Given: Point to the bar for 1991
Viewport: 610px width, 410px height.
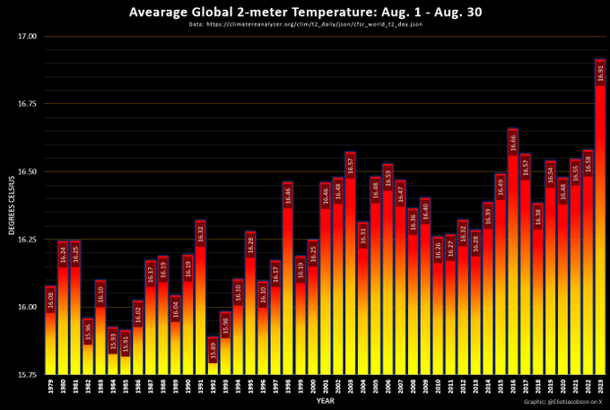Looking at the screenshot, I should pos(200,295).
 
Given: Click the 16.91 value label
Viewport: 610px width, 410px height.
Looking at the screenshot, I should pos(600,74).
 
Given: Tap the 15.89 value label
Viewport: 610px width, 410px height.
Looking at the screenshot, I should pos(213,351).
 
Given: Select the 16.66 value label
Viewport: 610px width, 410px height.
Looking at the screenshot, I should pos(512,142).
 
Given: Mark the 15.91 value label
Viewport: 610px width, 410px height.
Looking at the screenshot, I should pos(126,343).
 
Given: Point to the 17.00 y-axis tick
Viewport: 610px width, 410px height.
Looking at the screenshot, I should pos(28,37).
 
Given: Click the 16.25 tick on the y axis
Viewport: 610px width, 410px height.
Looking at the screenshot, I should pos(28,240).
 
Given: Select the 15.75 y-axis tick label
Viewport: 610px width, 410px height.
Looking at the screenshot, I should pos(28,375).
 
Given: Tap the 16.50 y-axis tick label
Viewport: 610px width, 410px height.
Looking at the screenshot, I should pos(28,172).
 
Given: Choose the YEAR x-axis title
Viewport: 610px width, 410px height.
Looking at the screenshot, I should pos(325,400).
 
